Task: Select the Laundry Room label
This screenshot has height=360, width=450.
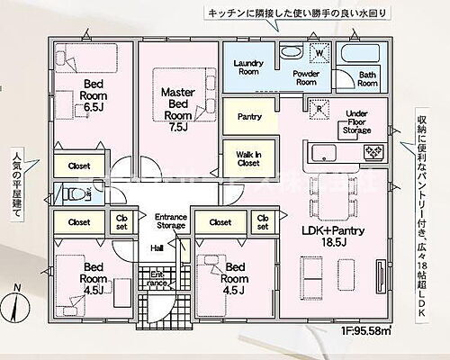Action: coord(247,67)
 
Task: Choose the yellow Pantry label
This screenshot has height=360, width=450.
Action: coord(248,117)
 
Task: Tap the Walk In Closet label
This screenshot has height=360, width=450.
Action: coord(248,158)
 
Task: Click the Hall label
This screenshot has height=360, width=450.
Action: coord(157,247)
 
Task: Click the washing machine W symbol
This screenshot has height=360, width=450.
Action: coord(317,51)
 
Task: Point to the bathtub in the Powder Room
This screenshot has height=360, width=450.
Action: coord(291,52)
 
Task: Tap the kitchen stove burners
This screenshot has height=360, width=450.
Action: coord(371,154)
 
